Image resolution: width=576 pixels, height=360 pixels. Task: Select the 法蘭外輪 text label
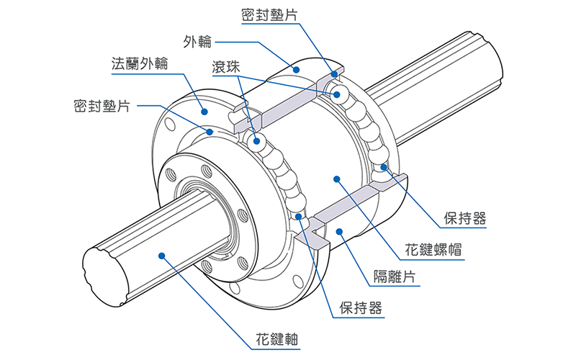tap(140, 63)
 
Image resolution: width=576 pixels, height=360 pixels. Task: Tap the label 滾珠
tap(225, 67)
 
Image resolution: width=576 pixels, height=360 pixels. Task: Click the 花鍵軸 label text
tap(277, 338)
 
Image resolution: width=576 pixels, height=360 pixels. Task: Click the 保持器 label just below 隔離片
tap(361, 308)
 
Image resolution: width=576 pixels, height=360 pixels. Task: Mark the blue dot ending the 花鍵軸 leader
tap(163, 254)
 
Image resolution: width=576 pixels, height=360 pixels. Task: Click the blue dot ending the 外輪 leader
tap(295, 68)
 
